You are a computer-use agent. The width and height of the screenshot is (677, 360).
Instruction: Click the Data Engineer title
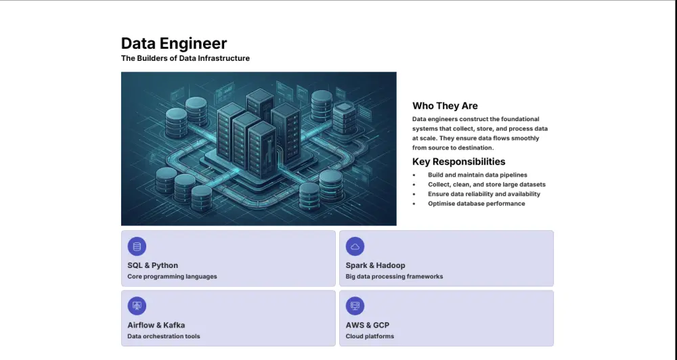(x=174, y=43)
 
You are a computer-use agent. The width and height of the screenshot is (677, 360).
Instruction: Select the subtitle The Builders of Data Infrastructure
(x=185, y=59)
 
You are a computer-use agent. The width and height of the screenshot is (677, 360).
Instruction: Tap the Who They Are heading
(x=445, y=106)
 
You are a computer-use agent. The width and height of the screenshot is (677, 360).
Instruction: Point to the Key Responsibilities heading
(x=458, y=162)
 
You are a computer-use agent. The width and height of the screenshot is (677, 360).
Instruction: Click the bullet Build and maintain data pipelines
(x=477, y=175)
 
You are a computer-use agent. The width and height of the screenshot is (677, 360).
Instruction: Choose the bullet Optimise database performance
(x=476, y=204)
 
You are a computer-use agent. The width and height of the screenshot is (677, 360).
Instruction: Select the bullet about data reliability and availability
(x=484, y=194)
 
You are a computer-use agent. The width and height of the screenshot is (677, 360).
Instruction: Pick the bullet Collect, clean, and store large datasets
(x=486, y=185)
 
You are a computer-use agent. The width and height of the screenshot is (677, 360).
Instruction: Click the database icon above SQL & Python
(x=137, y=246)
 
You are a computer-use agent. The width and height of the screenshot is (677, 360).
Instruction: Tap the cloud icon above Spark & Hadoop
(x=355, y=246)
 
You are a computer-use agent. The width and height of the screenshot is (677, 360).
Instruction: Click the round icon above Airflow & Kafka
(x=137, y=306)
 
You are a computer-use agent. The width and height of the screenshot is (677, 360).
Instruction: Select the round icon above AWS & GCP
(x=355, y=306)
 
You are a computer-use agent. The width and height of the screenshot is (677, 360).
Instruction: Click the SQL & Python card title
(x=152, y=265)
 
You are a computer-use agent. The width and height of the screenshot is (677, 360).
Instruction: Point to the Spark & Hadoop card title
(x=375, y=265)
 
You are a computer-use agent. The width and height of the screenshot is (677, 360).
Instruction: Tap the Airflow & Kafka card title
(x=156, y=325)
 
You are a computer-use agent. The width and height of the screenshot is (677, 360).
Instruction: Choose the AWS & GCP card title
(x=367, y=325)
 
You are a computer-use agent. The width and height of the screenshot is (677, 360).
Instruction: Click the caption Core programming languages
(x=172, y=277)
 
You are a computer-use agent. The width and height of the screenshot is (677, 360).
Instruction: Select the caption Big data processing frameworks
(x=394, y=277)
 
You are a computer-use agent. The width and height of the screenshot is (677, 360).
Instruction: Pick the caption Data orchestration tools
(x=163, y=336)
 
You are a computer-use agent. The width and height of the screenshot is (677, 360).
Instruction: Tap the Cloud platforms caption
(x=370, y=336)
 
